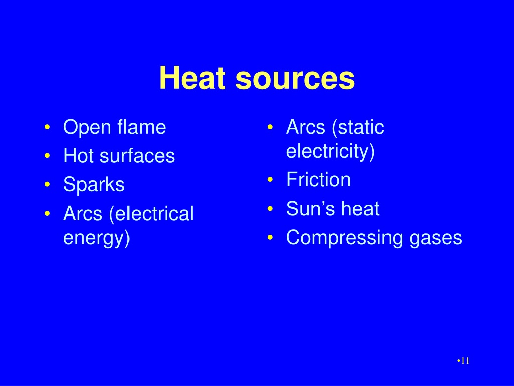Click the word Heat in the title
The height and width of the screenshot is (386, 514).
click(x=192, y=78)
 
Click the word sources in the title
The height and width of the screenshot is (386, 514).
click(x=295, y=80)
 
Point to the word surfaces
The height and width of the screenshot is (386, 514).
click(x=137, y=155)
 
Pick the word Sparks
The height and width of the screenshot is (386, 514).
click(x=94, y=184)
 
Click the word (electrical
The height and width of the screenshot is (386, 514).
click(x=152, y=214)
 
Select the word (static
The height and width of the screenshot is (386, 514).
click(x=358, y=127)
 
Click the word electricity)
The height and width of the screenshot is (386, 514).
click(x=330, y=152)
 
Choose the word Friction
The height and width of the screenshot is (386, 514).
click(x=318, y=179)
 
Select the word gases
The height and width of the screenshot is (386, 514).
click(x=436, y=239)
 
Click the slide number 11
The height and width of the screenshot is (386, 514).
click(x=465, y=361)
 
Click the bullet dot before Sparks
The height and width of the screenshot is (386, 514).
click(x=47, y=184)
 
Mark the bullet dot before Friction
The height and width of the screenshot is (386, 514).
click(x=270, y=180)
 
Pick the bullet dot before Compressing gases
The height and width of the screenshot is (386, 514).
click(x=270, y=238)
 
